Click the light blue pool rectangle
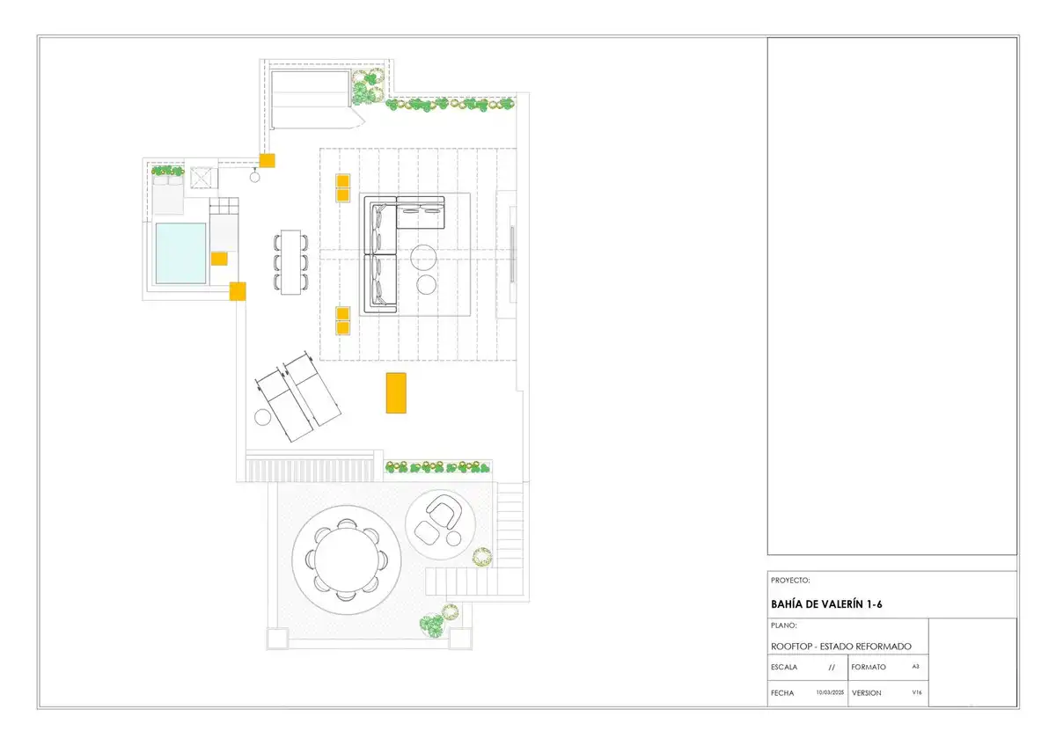pos(181,253)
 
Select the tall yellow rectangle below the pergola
pos(396,393)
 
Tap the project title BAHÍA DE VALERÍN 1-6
pos(826,604)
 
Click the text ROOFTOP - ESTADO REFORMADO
pos(841,646)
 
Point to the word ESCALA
pos(784,667)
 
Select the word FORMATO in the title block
pos(869,667)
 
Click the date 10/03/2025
pos(830,692)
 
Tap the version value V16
pos(917,692)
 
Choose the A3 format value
pos(915,666)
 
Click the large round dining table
pos(347,559)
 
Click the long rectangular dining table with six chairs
pos(291,262)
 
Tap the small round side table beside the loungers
pos(262,417)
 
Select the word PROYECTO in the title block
pos(790,580)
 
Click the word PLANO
pos(783,625)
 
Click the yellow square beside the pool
pos(219,259)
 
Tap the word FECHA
pos(782,692)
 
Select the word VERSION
pos(867,692)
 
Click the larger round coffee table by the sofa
pos(423,257)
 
